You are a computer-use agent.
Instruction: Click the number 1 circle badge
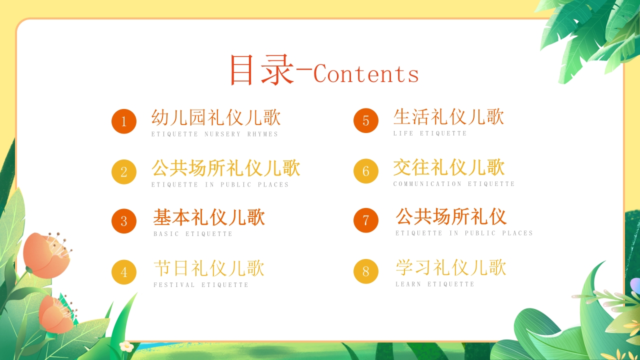coord(124,121)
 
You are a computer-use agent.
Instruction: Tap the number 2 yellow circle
coord(124,172)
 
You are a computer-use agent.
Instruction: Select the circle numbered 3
coord(124,221)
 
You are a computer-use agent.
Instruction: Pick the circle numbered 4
coord(124,272)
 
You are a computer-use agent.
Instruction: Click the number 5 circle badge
coord(366,120)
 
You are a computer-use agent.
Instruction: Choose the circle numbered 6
coord(366,171)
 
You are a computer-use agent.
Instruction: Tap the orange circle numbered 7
coord(366,220)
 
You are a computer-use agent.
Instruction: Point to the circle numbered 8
coord(366,271)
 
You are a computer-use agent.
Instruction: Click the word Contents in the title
coord(366,74)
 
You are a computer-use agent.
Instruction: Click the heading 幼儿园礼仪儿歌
coord(216,118)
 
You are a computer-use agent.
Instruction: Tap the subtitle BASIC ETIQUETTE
coord(193,234)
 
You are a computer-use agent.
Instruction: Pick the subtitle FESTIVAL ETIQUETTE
coord(201,285)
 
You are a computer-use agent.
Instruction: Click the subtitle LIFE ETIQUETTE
coord(430,133)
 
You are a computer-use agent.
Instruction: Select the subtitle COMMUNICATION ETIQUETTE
coord(454,184)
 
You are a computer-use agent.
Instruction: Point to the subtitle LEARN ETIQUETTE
coord(435,284)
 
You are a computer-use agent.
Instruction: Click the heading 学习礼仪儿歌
coord(451,267)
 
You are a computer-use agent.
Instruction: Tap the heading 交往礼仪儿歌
coord(449,167)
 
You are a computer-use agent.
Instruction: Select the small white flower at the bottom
coord(126,346)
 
